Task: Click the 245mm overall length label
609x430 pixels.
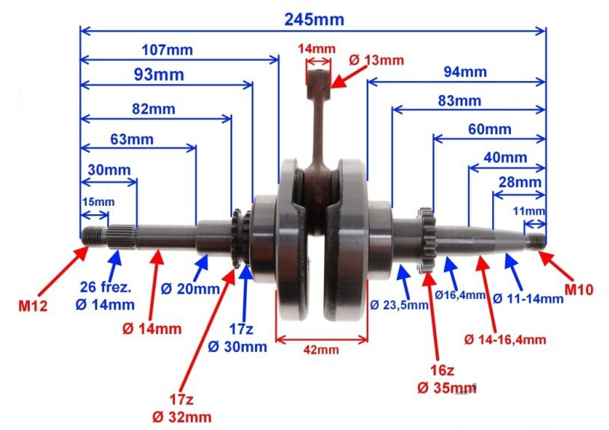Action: coord(314,19)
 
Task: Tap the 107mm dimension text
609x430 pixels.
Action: coord(167,50)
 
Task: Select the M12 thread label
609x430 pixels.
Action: coord(33,306)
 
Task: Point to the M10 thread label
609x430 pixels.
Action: coord(579,290)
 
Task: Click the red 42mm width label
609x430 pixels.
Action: coord(321,350)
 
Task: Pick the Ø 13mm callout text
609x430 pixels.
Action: coord(376,60)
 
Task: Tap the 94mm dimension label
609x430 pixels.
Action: coord(465,72)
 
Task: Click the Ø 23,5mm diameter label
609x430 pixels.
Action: coord(399,305)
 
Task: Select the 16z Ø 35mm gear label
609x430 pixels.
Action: coord(447,378)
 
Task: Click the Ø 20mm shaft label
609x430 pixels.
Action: coord(190,289)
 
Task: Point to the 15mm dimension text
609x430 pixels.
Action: coord(98,202)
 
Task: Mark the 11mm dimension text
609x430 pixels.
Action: coord(529,211)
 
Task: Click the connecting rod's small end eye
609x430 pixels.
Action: coord(319,79)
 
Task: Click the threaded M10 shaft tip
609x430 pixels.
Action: coord(536,241)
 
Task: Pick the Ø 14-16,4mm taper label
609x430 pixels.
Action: coord(505,339)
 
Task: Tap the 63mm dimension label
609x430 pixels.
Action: coord(132,139)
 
